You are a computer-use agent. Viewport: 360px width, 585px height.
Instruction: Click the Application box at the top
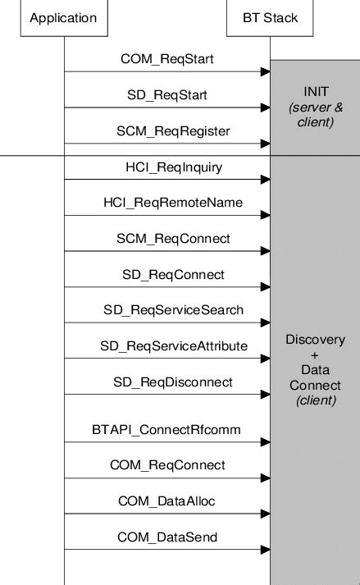coord(63,18)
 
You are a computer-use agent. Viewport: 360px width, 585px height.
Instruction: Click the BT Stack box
coord(270,18)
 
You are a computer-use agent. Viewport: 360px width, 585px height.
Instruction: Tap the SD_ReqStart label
coord(166,95)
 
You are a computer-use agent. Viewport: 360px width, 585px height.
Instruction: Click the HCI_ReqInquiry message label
coord(168,167)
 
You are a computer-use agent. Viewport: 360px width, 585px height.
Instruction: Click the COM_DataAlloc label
coord(167,500)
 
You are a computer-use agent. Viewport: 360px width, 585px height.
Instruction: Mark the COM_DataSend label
coord(167,537)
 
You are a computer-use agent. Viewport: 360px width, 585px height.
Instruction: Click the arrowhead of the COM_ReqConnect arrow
coord(265,478)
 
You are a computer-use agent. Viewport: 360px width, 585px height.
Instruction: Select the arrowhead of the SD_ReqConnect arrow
coord(265,287)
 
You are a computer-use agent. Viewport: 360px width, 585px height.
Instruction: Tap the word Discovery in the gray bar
coord(315,340)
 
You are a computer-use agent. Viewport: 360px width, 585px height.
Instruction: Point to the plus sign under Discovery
coord(315,355)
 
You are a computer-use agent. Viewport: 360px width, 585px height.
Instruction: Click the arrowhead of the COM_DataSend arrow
coord(265,550)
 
